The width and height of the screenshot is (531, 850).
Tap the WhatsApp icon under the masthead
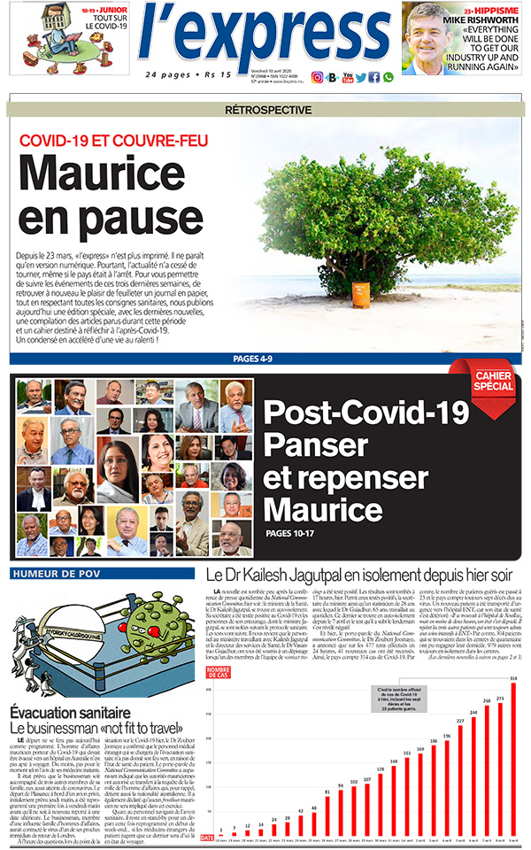tap(388, 77)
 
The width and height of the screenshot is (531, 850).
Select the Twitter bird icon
tap(360, 77)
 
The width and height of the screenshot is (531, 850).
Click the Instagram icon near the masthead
tap(318, 77)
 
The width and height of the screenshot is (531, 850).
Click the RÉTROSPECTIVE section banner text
tap(268, 111)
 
